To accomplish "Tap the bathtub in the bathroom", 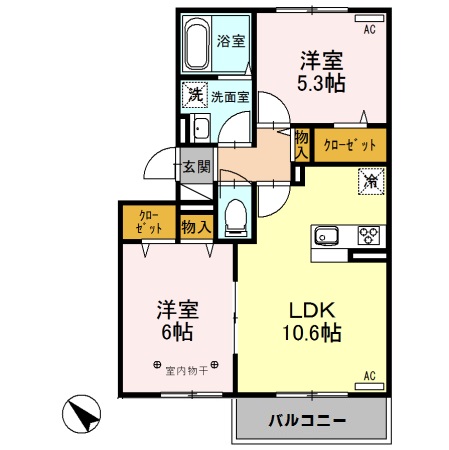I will (x=197, y=44).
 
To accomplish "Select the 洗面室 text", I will (x=230, y=97).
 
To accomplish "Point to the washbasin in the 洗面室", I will (x=199, y=129).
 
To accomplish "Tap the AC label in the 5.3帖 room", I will (x=369, y=30).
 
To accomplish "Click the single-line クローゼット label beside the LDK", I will (x=350, y=145).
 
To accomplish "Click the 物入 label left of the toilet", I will (x=196, y=228).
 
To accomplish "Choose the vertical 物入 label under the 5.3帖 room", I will (x=301, y=144).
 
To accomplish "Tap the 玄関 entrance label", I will (x=195, y=167).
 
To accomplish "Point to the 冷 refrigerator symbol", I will (x=369, y=182).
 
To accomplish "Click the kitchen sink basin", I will (x=328, y=237).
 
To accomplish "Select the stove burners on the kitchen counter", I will (x=368, y=237).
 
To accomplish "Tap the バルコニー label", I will (x=307, y=420).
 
